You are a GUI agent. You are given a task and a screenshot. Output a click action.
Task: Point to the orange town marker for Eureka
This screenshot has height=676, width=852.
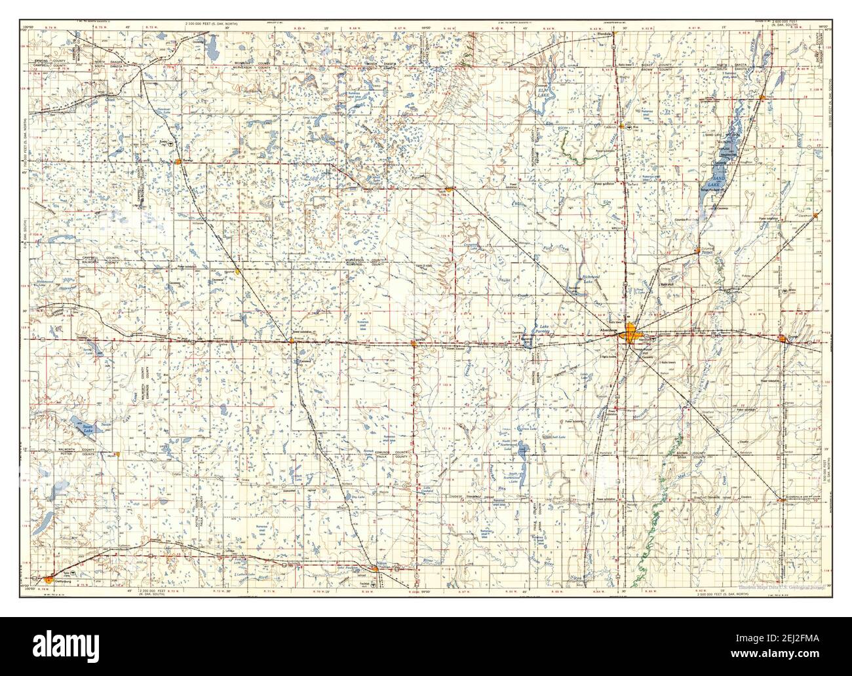coord(178,159)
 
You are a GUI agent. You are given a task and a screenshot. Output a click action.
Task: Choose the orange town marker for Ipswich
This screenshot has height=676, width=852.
coord(414,341)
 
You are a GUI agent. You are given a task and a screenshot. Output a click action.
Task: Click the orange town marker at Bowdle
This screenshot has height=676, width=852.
coord(292,339)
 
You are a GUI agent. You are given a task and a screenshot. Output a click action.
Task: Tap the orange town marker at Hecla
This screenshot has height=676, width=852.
coord(762,98)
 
